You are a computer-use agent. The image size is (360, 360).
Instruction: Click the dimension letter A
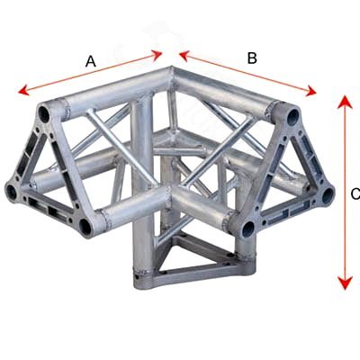pyautogui.click(x=91, y=61)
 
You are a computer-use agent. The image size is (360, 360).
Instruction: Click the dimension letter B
pyautogui.click(x=252, y=58)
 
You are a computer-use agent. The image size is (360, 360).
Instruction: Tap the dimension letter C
pyautogui.click(x=355, y=194)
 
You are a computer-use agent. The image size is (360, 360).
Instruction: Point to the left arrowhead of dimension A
pyautogui.click(x=24, y=90)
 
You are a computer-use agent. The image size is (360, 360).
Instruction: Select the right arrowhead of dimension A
pyautogui.click(x=157, y=55)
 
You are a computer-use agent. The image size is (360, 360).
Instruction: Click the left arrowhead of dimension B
pyautogui.click(x=184, y=56)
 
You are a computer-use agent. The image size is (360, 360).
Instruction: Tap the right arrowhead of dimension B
pyautogui.click(x=310, y=91)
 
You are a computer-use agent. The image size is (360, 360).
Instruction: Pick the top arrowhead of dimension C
pyautogui.click(x=345, y=102)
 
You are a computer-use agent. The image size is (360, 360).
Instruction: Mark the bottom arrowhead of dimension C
pyautogui.click(x=345, y=283)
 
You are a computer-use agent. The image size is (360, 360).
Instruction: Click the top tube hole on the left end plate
pyautogui.click(x=44, y=114)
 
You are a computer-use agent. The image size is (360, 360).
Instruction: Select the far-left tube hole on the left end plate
pyautogui.click(x=12, y=191)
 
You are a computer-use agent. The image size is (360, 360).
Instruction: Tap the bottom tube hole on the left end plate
pyautogui.click(x=85, y=227)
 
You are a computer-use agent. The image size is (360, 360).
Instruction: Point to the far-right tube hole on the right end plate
pyautogui.click(x=327, y=195)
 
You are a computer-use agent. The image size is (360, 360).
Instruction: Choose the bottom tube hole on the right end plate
pyautogui.click(x=248, y=229)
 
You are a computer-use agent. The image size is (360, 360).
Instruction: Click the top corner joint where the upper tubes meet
pyautogui.click(x=172, y=72)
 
